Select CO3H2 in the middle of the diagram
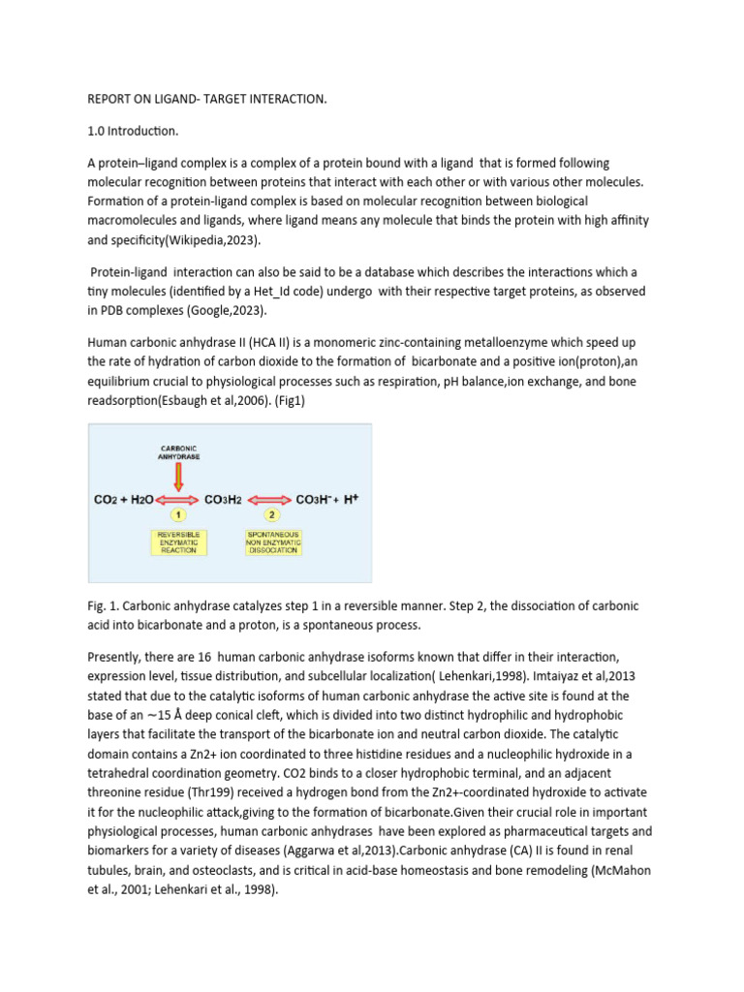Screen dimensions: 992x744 (223, 500)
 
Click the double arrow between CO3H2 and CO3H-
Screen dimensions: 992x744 (272, 500)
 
